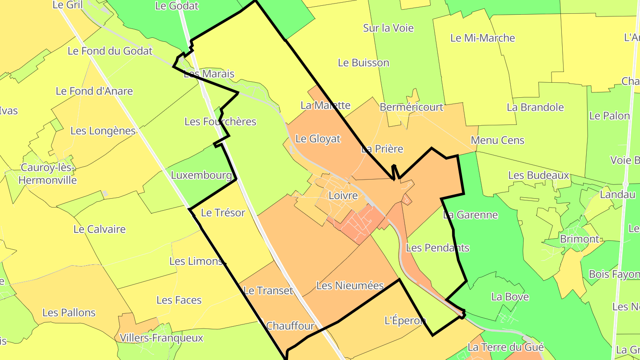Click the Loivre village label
point(343,196)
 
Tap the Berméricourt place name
point(411,107)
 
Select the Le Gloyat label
point(318,139)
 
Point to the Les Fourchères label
point(220,121)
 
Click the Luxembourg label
point(201,175)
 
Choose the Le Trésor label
point(223,212)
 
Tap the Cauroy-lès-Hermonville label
point(48,174)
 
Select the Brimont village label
point(579,239)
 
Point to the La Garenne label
point(470,215)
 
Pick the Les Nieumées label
point(350,285)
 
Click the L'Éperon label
point(405,320)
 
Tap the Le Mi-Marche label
point(482,38)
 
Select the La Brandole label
point(535,107)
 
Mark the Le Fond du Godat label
point(110,51)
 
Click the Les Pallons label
point(69,312)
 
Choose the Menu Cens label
point(497,140)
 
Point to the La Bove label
point(510,296)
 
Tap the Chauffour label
point(290,326)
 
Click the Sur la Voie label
point(388,28)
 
